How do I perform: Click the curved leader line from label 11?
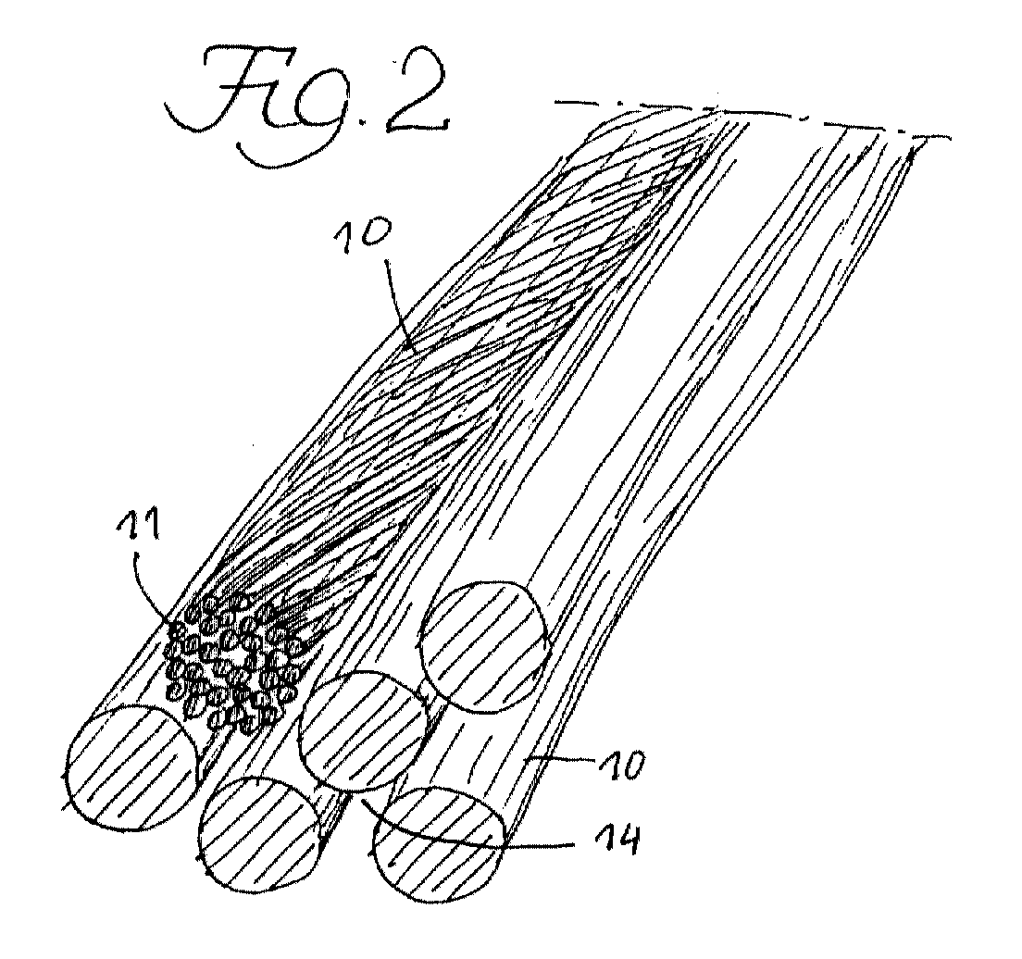pos(140,580)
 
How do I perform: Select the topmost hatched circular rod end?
pos(483,645)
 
